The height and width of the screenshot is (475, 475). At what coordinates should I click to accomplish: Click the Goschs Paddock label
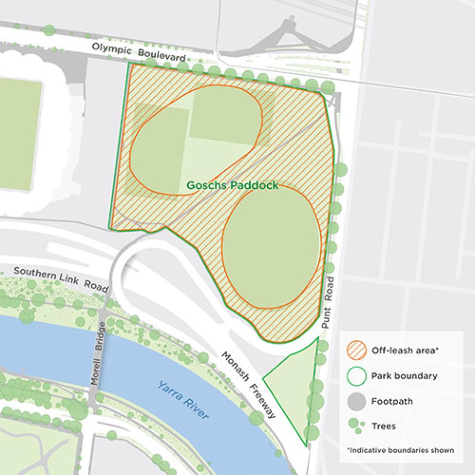tap(233, 185)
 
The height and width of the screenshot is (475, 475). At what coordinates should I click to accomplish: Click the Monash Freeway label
tap(248, 384)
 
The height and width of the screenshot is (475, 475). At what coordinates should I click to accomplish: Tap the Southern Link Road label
tap(61, 278)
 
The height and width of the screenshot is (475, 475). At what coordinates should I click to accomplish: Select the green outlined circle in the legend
tap(357, 376)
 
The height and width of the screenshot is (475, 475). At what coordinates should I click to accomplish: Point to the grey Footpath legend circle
tap(357, 402)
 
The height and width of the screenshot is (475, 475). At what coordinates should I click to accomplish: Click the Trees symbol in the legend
tap(356, 426)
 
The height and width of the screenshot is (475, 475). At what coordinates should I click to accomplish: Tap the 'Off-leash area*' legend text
tap(404, 350)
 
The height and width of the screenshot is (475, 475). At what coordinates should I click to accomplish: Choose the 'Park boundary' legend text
tap(404, 376)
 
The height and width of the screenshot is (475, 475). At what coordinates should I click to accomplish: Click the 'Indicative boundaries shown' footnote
tap(400, 450)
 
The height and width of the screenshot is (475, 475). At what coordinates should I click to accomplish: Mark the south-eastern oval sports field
tap(271, 246)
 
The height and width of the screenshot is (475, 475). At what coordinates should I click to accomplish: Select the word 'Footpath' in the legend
tap(392, 402)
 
